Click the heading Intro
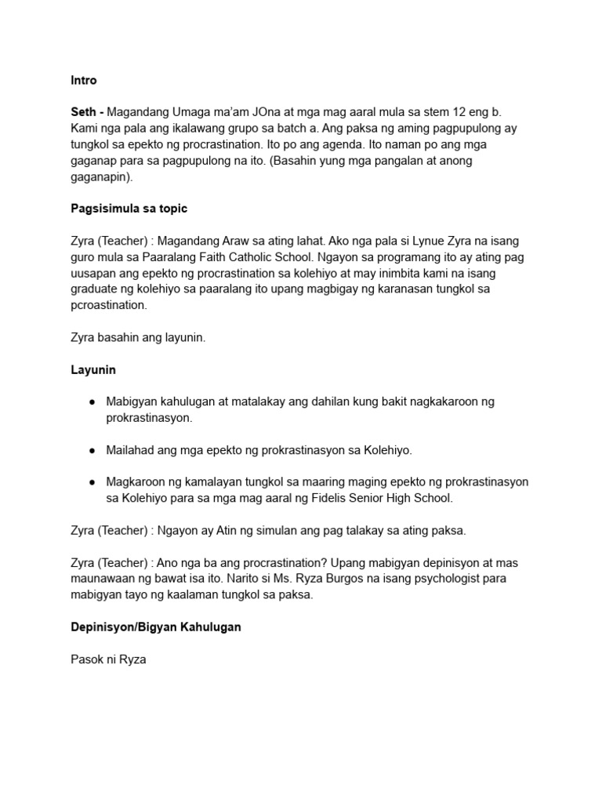(84, 80)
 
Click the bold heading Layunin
(93, 369)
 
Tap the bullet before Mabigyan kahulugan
(92, 401)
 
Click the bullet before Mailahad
(92, 450)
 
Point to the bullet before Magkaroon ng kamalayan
(92, 482)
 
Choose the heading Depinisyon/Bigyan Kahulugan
(156, 627)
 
